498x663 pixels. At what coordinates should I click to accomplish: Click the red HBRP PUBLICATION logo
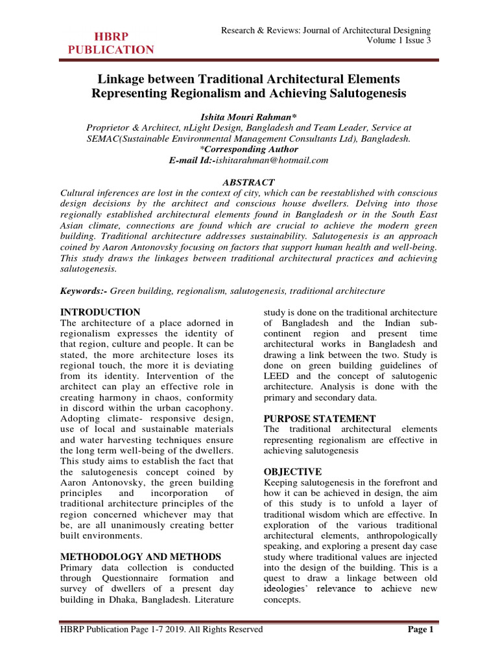click(112, 43)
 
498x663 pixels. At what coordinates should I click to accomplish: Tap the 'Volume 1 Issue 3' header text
click(399, 41)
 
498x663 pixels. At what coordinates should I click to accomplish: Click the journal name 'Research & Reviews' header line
click(326, 30)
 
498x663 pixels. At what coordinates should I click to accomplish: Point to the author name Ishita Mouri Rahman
click(248, 116)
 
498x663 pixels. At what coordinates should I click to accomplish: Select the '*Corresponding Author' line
click(248, 150)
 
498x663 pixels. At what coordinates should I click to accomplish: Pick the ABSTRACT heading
click(248, 183)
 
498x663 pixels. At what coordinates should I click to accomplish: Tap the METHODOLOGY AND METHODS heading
click(140, 557)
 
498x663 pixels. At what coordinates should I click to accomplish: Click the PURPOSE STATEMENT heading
click(320, 418)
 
